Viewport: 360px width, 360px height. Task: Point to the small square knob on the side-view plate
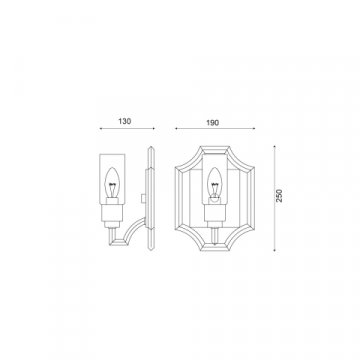click(144, 198)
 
